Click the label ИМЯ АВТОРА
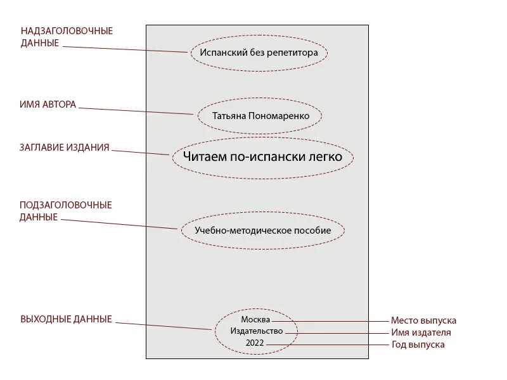tap(48, 104)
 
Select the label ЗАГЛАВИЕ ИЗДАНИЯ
tap(65, 148)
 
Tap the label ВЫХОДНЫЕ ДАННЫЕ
tap(67, 319)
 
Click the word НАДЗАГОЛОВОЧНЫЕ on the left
tap(67, 31)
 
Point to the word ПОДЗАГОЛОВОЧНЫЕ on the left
tap(66, 205)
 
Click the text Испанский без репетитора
tap(259, 53)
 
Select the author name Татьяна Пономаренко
tap(260, 116)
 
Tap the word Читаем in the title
tap(205, 156)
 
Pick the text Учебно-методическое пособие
tap(262, 231)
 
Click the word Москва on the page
tap(255, 320)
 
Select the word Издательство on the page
tap(257, 331)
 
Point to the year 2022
tap(255, 343)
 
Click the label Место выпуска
tap(423, 320)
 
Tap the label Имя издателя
tap(421, 332)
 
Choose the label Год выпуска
tap(418, 345)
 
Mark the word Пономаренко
tap(279, 116)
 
